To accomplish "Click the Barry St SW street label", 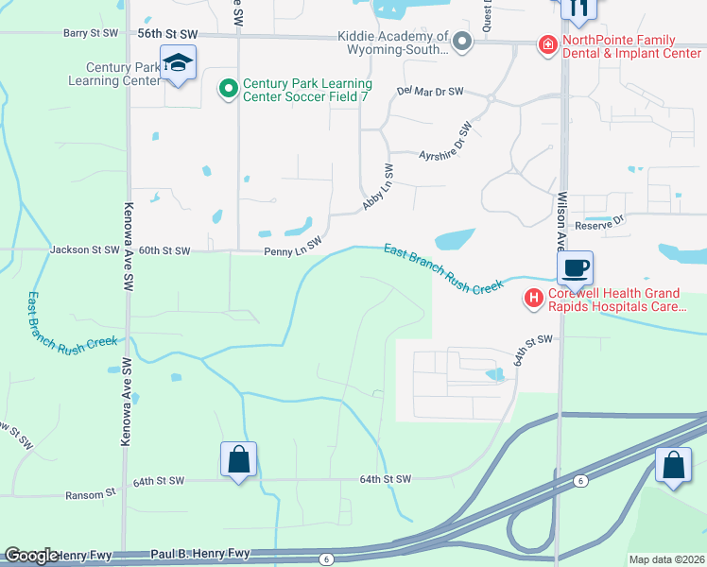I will pyautogui.click(x=91, y=33).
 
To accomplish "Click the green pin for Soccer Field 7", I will pyautogui.click(x=228, y=90).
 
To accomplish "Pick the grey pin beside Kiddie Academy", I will pyautogui.click(x=462, y=42).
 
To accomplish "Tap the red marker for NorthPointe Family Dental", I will pyautogui.click(x=546, y=43).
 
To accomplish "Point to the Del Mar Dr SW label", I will pyautogui.click(x=430, y=92).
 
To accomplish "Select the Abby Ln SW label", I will pyautogui.click(x=378, y=188).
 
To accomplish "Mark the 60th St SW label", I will pyautogui.click(x=164, y=251).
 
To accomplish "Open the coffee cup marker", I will pyautogui.click(x=575, y=267).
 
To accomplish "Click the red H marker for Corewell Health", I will pyautogui.click(x=534, y=300).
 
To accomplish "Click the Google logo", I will pyautogui.click(x=31, y=557).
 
